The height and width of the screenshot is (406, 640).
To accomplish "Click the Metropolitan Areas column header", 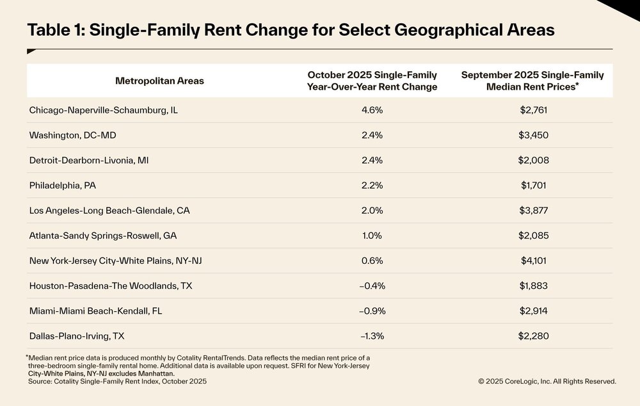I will point(159,81).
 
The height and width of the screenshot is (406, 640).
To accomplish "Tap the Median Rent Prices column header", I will point(532,81).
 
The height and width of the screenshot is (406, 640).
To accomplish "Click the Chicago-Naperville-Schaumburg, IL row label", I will point(103,110).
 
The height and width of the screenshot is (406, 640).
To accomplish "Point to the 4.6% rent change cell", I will point(372,110).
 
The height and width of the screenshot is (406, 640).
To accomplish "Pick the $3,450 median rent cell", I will point(534,135).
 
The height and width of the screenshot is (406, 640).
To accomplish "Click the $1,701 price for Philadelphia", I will point(534,185).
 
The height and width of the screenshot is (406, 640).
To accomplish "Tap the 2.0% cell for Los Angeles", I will point(372,210).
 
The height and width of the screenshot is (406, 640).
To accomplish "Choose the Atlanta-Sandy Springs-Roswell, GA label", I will point(102,236).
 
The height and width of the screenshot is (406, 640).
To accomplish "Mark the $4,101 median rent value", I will point(534,261).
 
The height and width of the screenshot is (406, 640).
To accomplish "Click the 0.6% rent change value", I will point(372,261).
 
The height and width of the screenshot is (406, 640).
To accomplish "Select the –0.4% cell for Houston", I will point(372,286).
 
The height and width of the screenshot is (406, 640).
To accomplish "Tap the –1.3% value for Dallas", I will point(372,336).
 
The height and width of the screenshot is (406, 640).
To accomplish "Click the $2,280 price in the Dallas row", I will point(534,336).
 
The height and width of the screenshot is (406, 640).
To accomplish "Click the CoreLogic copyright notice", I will point(547,381).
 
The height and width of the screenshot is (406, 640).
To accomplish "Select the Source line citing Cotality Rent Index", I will point(117,381).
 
